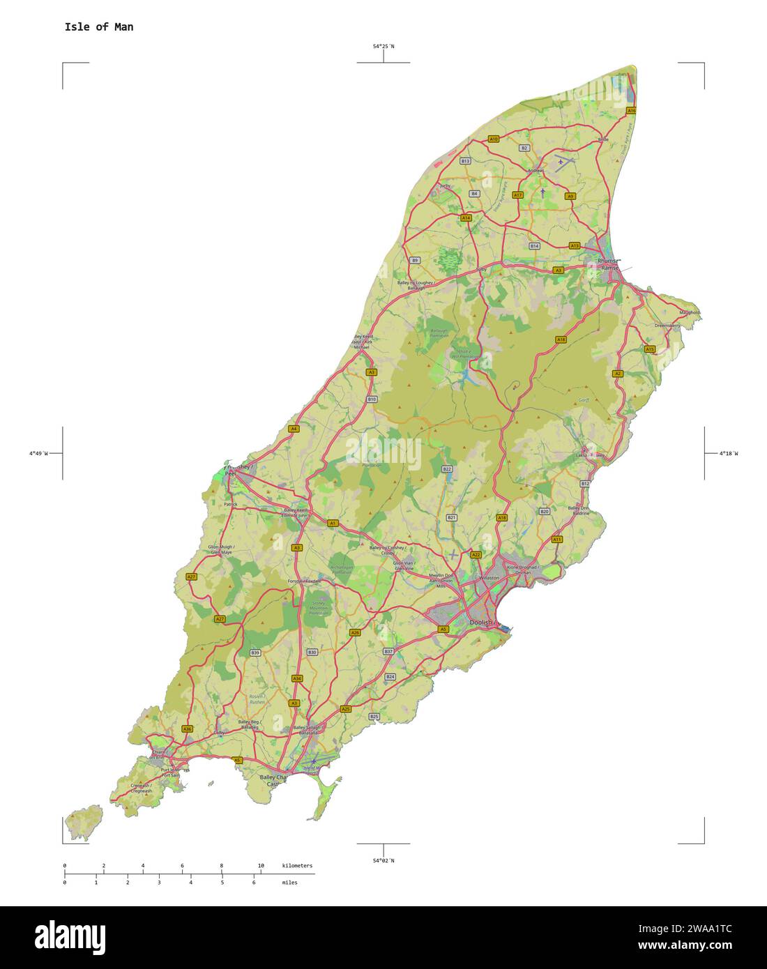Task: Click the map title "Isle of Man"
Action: click(x=99, y=27)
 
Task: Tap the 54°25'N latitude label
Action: click(x=383, y=47)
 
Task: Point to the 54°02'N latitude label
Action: click(x=383, y=860)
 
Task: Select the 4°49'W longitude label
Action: click(x=38, y=454)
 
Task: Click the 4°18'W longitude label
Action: click(x=728, y=454)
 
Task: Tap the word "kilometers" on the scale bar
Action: click(x=297, y=866)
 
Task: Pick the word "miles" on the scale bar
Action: click(x=289, y=883)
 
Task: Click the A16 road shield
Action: click(x=631, y=111)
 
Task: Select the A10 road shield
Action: click(x=494, y=139)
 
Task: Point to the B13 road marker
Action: click(x=465, y=161)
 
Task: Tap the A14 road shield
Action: click(x=466, y=218)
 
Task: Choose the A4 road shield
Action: click(x=294, y=429)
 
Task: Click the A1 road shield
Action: click(x=333, y=523)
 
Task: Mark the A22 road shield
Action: click(x=476, y=555)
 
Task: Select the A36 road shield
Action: click(x=187, y=728)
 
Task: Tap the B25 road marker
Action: click(x=374, y=717)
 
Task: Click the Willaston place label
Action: click(x=489, y=578)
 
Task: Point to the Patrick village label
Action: click(x=231, y=504)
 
